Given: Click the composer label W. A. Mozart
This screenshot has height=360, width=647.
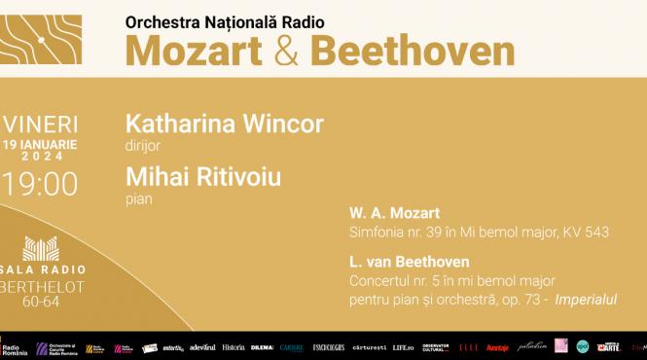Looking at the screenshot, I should click(394, 212).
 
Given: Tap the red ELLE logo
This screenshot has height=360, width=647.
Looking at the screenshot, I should click(469, 346).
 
